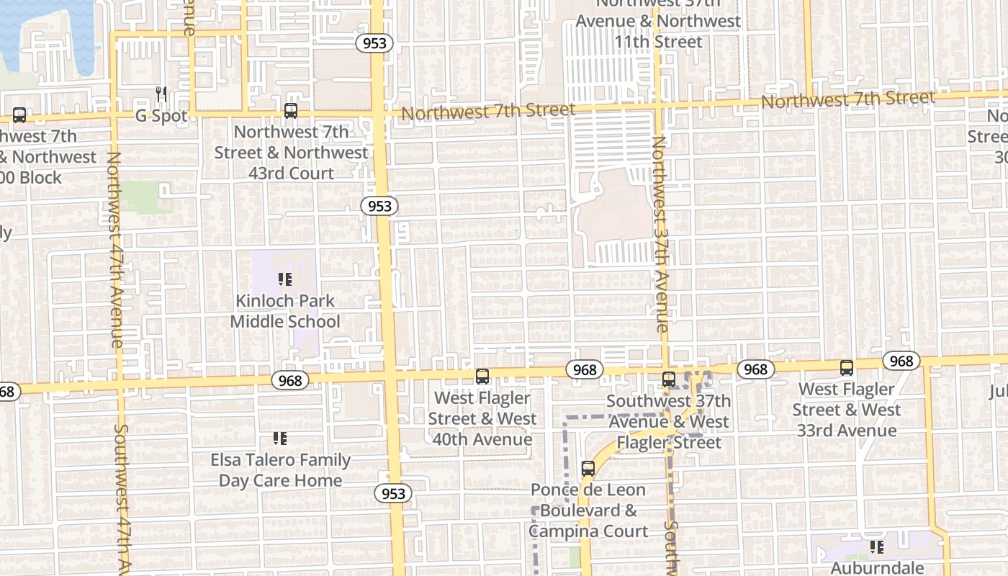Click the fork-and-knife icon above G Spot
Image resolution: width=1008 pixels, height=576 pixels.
tap(161, 94)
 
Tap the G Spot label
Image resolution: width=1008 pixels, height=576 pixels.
tap(161, 116)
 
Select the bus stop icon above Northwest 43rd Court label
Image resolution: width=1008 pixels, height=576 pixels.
tap(291, 111)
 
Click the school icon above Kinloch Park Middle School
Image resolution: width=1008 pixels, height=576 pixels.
tap(284, 279)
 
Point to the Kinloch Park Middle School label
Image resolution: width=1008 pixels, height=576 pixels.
tap(285, 311)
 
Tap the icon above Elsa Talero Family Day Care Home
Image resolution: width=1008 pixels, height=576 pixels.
tap(280, 438)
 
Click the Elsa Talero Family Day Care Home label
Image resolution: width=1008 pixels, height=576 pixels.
tap(281, 470)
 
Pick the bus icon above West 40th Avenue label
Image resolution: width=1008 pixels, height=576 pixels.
tap(482, 376)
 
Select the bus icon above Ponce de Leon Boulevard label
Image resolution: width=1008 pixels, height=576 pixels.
tap(588, 469)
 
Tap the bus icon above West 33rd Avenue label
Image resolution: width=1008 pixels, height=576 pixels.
tap(847, 368)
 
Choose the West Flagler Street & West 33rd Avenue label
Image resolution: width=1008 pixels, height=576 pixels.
tap(847, 410)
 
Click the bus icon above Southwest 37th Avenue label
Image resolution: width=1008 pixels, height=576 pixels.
tap(669, 379)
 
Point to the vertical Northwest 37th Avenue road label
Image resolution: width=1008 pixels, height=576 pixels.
tap(660, 234)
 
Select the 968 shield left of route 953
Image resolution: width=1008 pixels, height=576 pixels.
tap(290, 379)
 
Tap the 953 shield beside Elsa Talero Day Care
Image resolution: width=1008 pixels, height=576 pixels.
tap(393, 493)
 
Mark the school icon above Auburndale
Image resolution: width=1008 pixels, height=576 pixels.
tap(876, 547)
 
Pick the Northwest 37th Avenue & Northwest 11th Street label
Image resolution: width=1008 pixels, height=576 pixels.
tap(658, 23)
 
